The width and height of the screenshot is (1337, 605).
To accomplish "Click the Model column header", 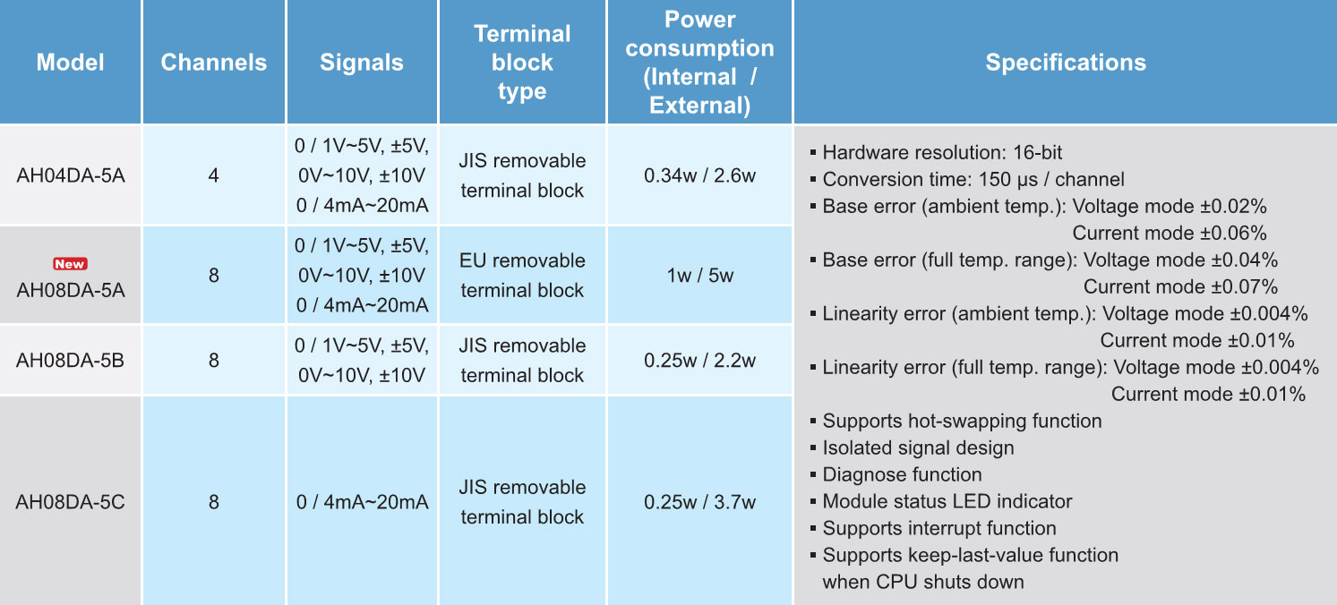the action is pos(70,62).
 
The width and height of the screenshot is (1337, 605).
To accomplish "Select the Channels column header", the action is pos(214,62).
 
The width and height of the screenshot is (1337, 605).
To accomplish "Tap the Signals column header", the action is pos(362,62).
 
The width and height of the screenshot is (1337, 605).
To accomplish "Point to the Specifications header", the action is pos(1066,62).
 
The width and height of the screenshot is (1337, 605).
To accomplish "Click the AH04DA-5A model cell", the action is pos(71,175).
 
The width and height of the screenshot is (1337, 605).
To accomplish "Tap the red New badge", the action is pos(71,264).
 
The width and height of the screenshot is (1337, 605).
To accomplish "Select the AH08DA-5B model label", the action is pos(70,361).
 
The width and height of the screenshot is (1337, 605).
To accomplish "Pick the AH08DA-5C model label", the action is pos(70,502).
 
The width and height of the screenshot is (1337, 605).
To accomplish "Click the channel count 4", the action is pos(214,175).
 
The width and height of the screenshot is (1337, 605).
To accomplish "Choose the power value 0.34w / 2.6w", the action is pos(699,175).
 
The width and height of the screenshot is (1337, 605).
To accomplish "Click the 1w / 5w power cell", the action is pos(699,275).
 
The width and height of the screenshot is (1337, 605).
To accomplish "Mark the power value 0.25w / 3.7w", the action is pos(699,502).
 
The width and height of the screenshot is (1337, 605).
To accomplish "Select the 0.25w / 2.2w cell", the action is pos(699,361).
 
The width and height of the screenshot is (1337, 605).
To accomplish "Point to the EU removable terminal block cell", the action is pos(522,275).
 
